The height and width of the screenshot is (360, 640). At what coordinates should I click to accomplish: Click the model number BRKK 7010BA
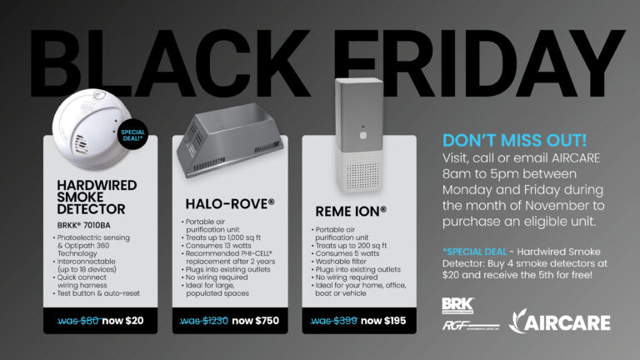(86, 225)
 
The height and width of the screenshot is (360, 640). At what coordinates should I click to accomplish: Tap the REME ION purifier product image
(359, 131)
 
